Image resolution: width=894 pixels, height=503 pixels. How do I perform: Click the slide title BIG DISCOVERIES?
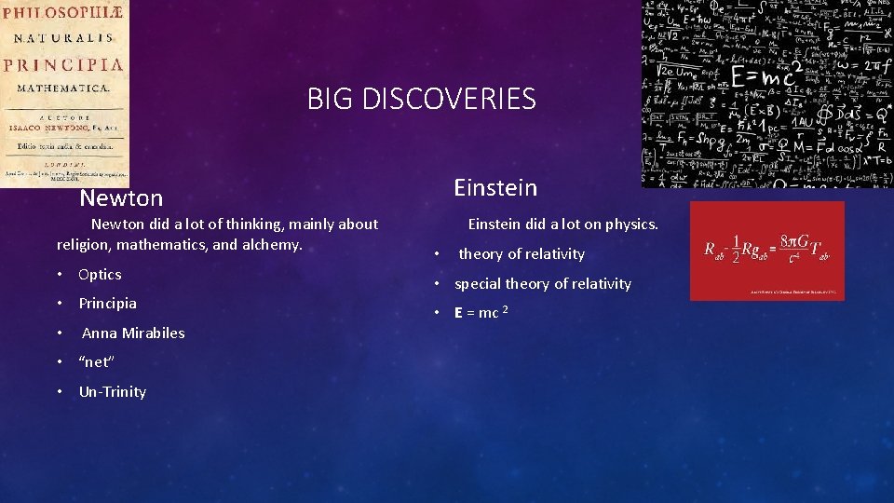point(422,98)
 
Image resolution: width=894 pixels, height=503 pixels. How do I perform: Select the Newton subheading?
point(121,198)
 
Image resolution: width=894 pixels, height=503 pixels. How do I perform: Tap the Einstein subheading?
point(495,188)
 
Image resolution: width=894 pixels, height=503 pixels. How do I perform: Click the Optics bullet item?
point(100,274)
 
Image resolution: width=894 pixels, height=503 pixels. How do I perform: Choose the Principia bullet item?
point(107,303)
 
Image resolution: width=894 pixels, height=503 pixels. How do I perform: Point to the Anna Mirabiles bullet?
point(133,333)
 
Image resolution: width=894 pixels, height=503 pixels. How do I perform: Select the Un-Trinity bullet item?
point(112,391)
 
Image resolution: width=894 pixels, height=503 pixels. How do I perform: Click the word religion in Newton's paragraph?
point(85,245)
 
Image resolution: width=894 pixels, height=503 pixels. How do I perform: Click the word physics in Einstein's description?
point(630,224)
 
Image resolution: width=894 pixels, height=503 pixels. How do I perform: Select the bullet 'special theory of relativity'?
point(543,283)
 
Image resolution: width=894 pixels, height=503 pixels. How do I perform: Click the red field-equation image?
point(766,251)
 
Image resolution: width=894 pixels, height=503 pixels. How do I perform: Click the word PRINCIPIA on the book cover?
point(63,64)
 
